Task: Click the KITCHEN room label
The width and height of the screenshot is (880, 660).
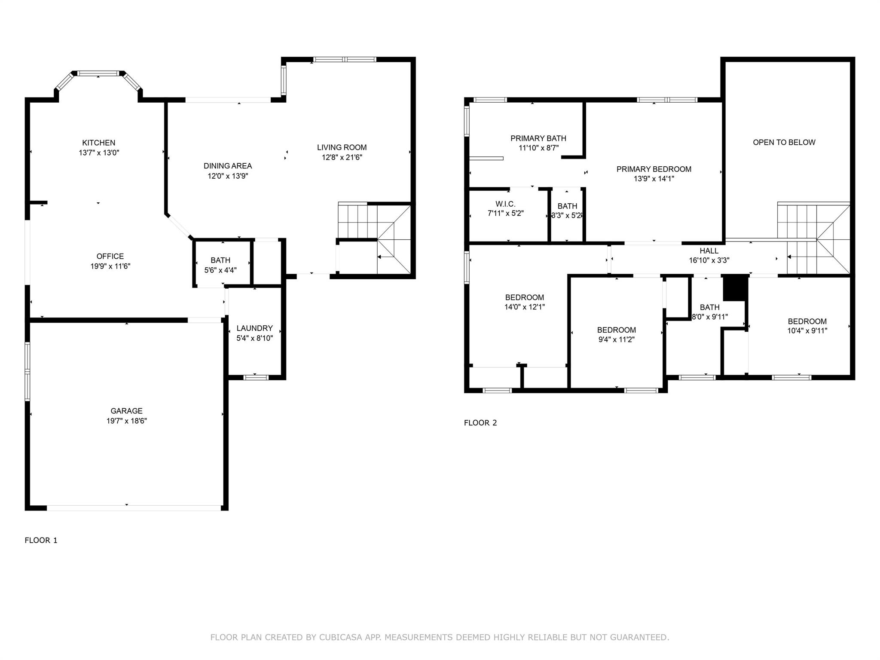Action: (x=99, y=143)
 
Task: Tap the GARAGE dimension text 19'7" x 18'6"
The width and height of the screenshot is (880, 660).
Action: (x=127, y=421)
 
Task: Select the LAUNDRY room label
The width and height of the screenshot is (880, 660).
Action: (x=254, y=328)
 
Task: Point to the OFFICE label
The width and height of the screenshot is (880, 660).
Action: (x=110, y=256)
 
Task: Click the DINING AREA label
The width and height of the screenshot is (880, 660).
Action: (x=228, y=166)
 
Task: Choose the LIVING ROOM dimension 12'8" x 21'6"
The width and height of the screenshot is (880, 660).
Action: (x=342, y=157)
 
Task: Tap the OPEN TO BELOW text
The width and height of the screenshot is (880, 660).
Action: (x=784, y=142)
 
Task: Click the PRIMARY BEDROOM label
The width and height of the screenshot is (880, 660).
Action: (x=654, y=169)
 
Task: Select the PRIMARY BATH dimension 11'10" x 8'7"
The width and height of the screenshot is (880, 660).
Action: (x=538, y=148)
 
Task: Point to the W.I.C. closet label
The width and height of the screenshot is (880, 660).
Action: (x=505, y=204)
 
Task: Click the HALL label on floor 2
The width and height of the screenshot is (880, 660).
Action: (x=709, y=251)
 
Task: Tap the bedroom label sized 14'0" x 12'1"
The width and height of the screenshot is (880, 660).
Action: (x=525, y=297)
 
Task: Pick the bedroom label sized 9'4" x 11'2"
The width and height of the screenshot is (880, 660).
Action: (x=617, y=330)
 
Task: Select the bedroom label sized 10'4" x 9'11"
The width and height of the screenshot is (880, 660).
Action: (x=807, y=321)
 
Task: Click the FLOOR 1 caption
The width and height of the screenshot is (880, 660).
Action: (x=41, y=541)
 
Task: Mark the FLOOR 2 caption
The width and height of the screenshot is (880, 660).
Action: (x=480, y=423)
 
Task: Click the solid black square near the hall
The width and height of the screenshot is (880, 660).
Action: (x=735, y=288)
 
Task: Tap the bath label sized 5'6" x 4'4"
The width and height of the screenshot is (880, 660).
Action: (x=220, y=260)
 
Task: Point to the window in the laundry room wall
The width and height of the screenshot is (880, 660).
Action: (x=256, y=377)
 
